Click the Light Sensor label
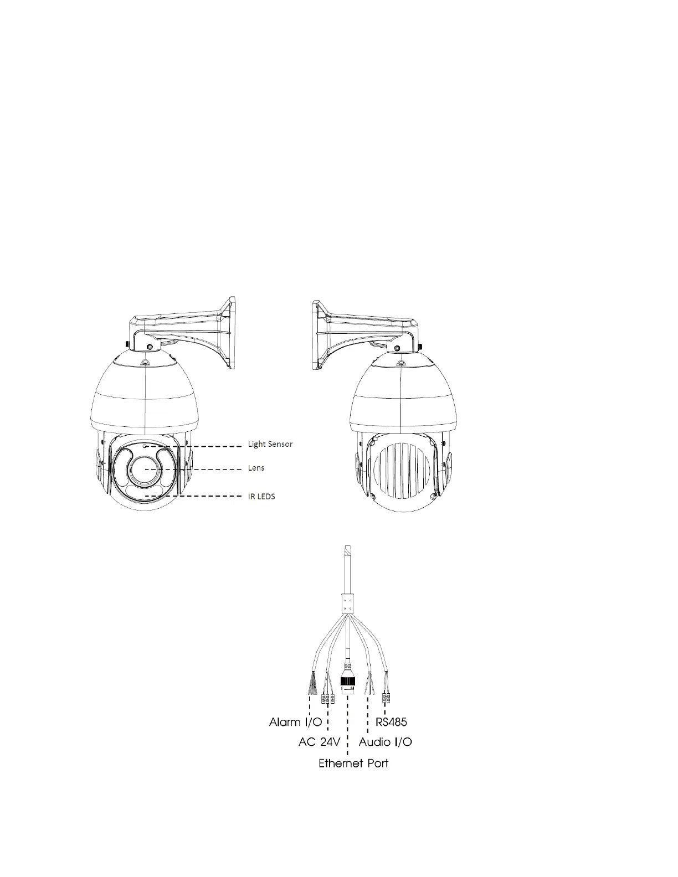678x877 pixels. click(x=270, y=444)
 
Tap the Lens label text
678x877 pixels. click(x=256, y=468)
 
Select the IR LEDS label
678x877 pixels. click(x=261, y=496)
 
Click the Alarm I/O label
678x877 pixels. click(x=295, y=721)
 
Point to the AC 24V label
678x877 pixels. click(x=320, y=742)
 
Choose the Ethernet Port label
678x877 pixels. click(x=353, y=763)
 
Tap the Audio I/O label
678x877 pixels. click(x=385, y=742)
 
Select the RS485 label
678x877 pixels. click(x=391, y=721)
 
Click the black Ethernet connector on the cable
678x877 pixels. click(x=347, y=683)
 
